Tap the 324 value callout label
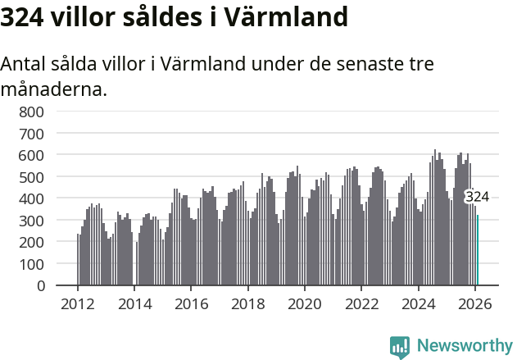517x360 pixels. tap(477, 197)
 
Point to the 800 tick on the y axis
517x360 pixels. tap(32, 111)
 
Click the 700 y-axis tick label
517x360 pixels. tap(32, 133)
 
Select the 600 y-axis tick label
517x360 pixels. tap(32, 155)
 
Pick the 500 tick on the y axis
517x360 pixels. tap(32, 177)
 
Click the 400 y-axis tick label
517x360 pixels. tap(32, 198)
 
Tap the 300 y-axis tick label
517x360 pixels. tap(32, 221)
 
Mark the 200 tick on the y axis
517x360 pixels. tap(32, 243)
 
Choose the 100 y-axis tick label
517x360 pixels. tap(32, 265)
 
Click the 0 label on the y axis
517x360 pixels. tap(40, 286)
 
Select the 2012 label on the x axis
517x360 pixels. tap(78, 303)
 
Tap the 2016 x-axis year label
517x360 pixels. tap(191, 303)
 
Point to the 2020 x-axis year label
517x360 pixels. tap(305, 303)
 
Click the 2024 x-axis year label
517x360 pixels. tap(418, 303)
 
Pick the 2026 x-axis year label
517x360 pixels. tap(475, 303)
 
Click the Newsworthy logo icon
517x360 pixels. tap(400, 347)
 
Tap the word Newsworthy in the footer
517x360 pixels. tap(465, 346)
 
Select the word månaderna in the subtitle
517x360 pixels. tap(53, 89)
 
